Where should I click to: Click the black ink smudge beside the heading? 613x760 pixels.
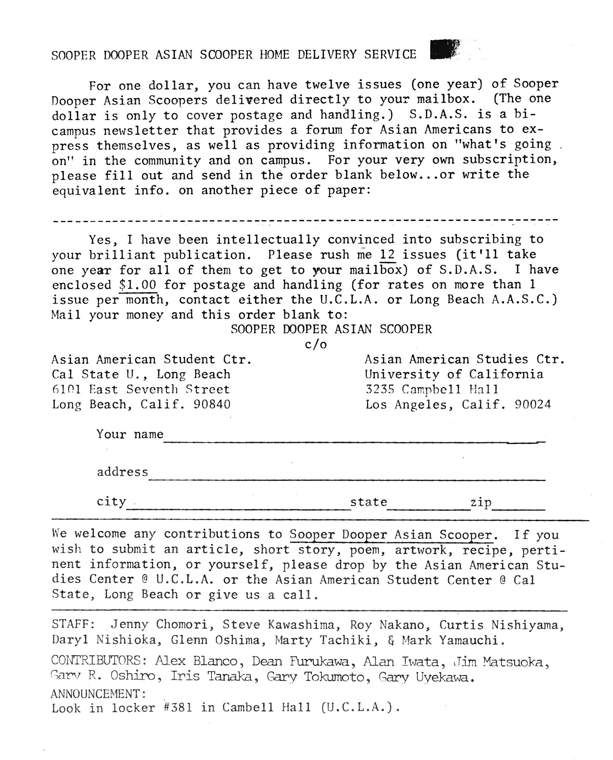444,49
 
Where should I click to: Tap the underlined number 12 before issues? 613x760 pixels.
387,254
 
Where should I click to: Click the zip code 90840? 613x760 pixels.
212,404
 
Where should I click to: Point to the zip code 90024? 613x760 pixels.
533,404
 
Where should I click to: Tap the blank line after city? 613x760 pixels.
238,508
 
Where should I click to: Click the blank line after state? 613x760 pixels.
428,508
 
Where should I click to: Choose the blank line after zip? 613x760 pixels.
518,508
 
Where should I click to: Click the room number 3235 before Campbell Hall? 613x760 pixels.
379,389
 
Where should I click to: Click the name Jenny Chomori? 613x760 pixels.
159,624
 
